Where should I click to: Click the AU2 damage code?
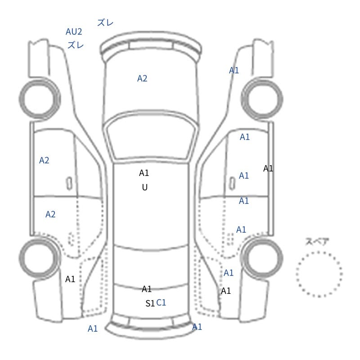(x=74, y=31)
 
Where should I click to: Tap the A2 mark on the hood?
(x=142, y=78)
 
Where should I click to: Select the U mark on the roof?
(x=144, y=188)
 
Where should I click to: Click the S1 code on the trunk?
(x=150, y=303)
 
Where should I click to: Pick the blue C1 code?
(x=161, y=303)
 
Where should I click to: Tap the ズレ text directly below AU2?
(x=76, y=45)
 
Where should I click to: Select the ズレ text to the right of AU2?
(x=105, y=23)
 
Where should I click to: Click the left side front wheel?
(x=40, y=99)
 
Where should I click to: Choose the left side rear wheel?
(x=39, y=258)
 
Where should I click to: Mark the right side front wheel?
(x=262, y=99)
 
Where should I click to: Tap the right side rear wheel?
(x=262, y=258)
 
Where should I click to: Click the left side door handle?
(x=69, y=184)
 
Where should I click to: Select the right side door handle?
(x=232, y=184)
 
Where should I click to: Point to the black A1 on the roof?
(x=144, y=173)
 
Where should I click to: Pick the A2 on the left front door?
(x=44, y=160)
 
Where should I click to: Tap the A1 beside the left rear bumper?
(x=93, y=329)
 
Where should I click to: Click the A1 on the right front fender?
(x=234, y=70)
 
